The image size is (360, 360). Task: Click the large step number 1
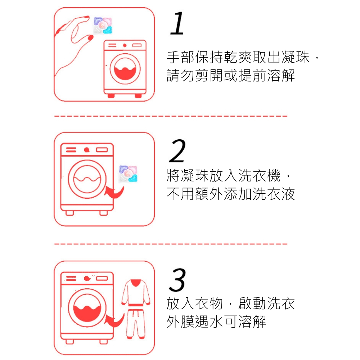[177, 23]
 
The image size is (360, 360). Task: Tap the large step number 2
[177, 151]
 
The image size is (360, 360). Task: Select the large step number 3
[177, 280]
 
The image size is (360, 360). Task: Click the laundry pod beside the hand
[103, 25]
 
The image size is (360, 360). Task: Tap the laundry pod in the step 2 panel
[128, 174]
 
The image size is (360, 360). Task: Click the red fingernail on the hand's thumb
[90, 37]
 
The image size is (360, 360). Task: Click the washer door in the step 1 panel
[125, 69]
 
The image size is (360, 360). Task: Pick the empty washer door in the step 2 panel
[87, 179]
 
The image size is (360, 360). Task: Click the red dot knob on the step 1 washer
[125, 45]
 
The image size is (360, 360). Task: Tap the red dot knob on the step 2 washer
[86, 150]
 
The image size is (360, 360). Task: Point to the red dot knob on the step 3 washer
[86, 279]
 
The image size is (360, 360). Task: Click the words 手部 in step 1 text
[180, 57]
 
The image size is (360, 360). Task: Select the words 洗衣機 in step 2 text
[259, 176]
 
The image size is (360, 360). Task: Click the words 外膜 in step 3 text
[180, 321]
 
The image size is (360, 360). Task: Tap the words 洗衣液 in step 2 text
[274, 194]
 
